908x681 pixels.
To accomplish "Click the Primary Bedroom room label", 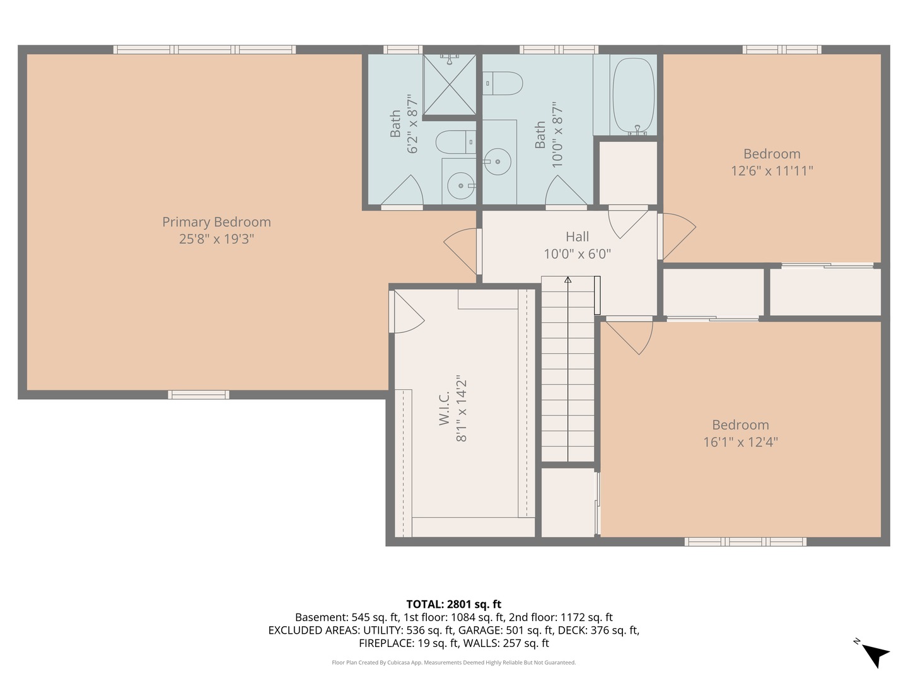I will coord(216,222).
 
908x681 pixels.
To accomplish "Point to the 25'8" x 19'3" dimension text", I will coord(216,239).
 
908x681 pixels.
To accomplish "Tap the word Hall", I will coord(577,236).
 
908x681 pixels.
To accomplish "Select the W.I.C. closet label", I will coord(445,408).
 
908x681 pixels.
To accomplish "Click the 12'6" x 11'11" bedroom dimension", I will coord(772,171).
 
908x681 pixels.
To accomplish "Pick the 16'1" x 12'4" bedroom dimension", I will coord(740,442).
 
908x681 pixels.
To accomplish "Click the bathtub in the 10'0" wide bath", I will coord(633,95).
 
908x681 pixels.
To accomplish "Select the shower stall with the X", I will coord(449,85).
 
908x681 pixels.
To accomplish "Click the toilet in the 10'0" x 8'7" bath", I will coord(504,83).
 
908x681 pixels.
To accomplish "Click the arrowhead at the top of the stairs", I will coord(567,280).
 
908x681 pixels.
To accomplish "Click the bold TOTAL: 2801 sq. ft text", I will coord(453,605).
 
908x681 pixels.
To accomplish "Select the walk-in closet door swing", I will coord(407,313).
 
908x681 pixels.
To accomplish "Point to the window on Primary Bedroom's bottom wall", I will coord(199,395).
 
